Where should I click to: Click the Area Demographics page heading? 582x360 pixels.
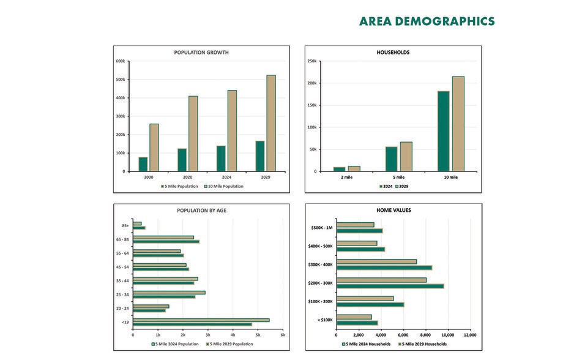point(427,21)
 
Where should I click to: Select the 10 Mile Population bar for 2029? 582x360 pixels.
point(271,123)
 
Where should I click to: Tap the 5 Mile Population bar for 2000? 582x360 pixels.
point(143,164)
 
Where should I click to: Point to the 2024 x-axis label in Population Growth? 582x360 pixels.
point(226,177)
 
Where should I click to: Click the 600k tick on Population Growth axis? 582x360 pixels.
point(120,61)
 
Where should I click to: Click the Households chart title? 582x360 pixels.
point(393,53)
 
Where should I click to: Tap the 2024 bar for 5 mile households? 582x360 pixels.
point(391,159)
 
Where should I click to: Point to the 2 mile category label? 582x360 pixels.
point(347,177)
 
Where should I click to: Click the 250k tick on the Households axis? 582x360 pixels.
point(312,61)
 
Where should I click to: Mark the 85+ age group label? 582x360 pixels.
point(125,226)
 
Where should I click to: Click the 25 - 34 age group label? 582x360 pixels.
point(122,294)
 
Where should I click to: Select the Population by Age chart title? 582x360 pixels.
point(201,211)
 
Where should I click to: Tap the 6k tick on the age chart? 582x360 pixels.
point(283,335)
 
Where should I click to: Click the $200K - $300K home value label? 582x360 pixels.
point(321,283)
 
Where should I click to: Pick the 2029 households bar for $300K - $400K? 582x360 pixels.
point(384,268)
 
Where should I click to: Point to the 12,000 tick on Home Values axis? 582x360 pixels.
point(469,335)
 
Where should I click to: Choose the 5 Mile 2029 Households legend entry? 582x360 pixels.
point(423,344)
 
